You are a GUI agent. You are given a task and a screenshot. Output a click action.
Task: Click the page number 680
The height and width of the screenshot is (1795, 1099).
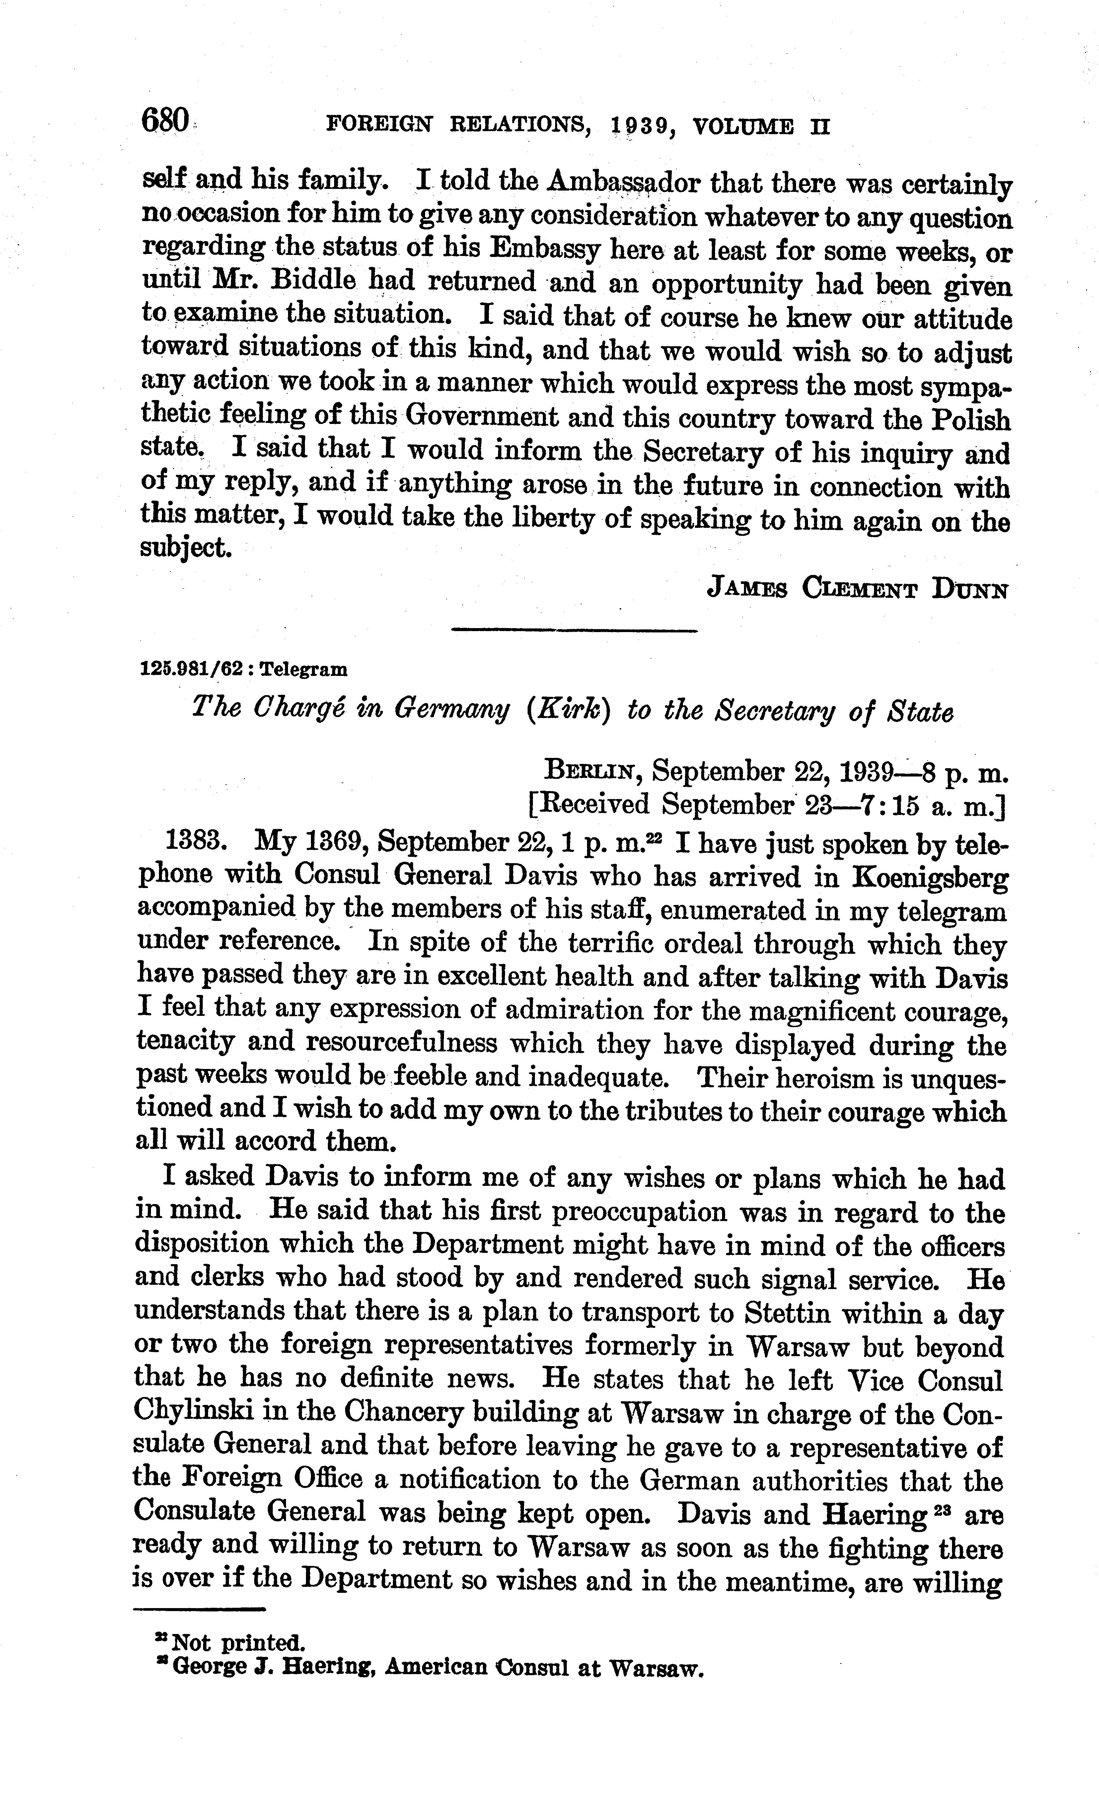pyautogui.click(x=165, y=119)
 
